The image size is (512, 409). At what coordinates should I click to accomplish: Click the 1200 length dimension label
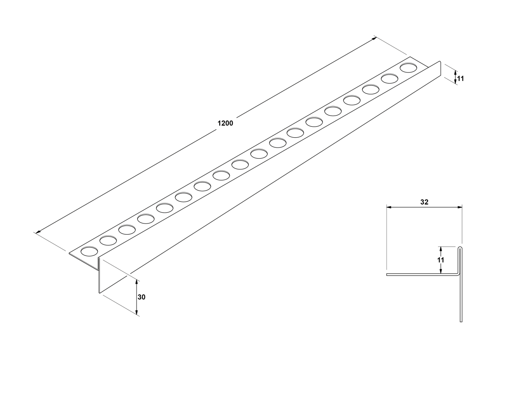click(225, 123)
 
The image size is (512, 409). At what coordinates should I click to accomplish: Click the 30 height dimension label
click(141, 297)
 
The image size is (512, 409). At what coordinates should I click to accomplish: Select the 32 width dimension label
click(424, 202)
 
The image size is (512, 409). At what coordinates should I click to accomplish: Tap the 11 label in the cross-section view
click(441, 260)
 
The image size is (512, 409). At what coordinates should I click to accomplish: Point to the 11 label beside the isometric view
click(460, 78)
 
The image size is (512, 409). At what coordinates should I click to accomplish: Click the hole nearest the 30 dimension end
click(89, 251)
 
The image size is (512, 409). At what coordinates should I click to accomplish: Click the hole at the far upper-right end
click(408, 67)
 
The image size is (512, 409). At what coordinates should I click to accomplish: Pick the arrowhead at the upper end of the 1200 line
click(374, 38)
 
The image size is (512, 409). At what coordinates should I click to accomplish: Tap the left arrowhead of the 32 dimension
click(389, 207)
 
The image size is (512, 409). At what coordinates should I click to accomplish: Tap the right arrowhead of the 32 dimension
click(460, 207)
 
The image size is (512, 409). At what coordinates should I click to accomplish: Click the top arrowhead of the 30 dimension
click(137, 282)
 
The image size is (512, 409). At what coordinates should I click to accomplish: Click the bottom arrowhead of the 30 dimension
click(137, 312)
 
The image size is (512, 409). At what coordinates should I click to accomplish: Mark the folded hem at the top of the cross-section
click(460, 249)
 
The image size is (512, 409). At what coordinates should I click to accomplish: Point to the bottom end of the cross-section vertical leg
click(461, 322)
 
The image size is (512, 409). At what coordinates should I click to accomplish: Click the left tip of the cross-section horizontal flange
click(387, 275)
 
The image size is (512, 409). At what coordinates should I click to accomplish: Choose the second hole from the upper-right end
click(390, 78)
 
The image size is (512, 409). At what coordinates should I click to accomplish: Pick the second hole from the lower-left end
click(108, 241)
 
